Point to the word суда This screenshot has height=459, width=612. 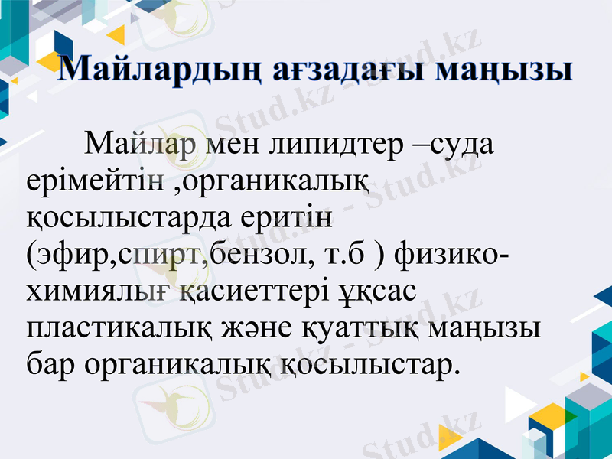(460, 145)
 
